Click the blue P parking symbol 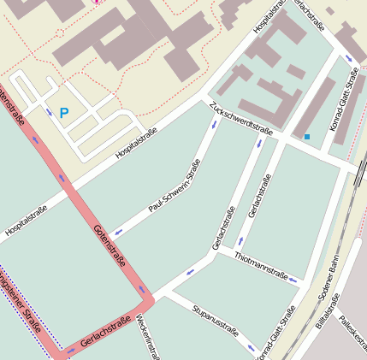(64, 112)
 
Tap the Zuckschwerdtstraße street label (239, 120)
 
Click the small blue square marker (307, 136)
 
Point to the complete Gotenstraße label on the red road (109, 243)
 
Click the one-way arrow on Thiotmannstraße (293, 280)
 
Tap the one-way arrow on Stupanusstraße (250, 349)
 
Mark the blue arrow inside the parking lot (48, 111)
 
